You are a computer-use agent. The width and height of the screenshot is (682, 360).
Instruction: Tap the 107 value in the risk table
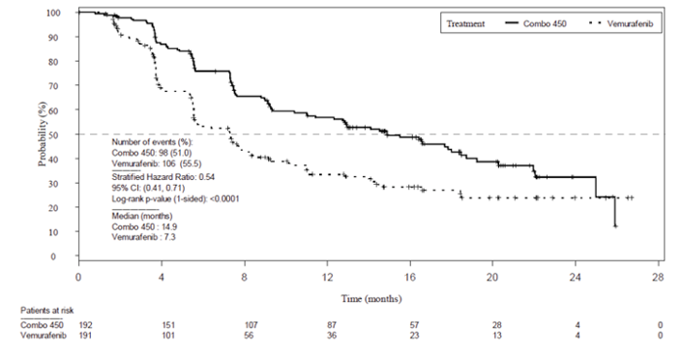(244, 324)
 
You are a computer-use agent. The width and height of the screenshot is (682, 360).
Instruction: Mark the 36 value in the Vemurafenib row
(327, 334)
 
